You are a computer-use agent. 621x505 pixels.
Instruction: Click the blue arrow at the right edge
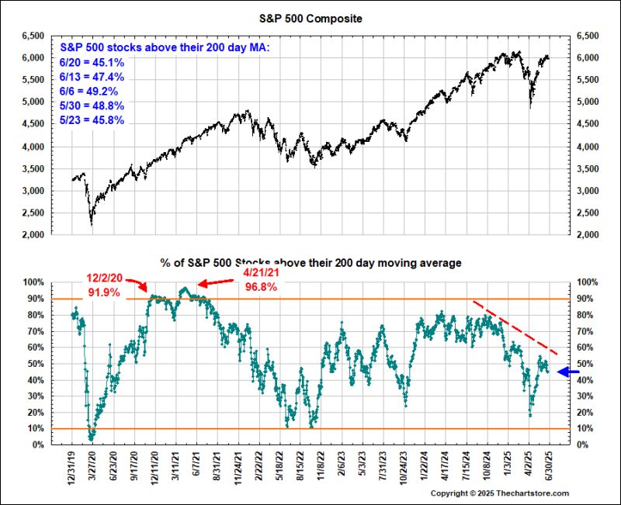(x=569, y=373)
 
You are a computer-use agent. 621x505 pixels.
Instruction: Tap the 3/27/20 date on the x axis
(x=92, y=469)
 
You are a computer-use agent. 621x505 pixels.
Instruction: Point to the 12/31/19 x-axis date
(x=71, y=469)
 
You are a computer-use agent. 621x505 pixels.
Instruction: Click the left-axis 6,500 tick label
(x=35, y=36)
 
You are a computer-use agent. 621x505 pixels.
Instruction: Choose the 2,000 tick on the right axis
(x=587, y=235)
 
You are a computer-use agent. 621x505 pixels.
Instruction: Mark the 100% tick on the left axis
(x=35, y=283)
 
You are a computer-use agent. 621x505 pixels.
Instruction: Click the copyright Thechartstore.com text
(x=500, y=493)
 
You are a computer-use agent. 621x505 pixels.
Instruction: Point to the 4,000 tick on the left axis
(x=35, y=147)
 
